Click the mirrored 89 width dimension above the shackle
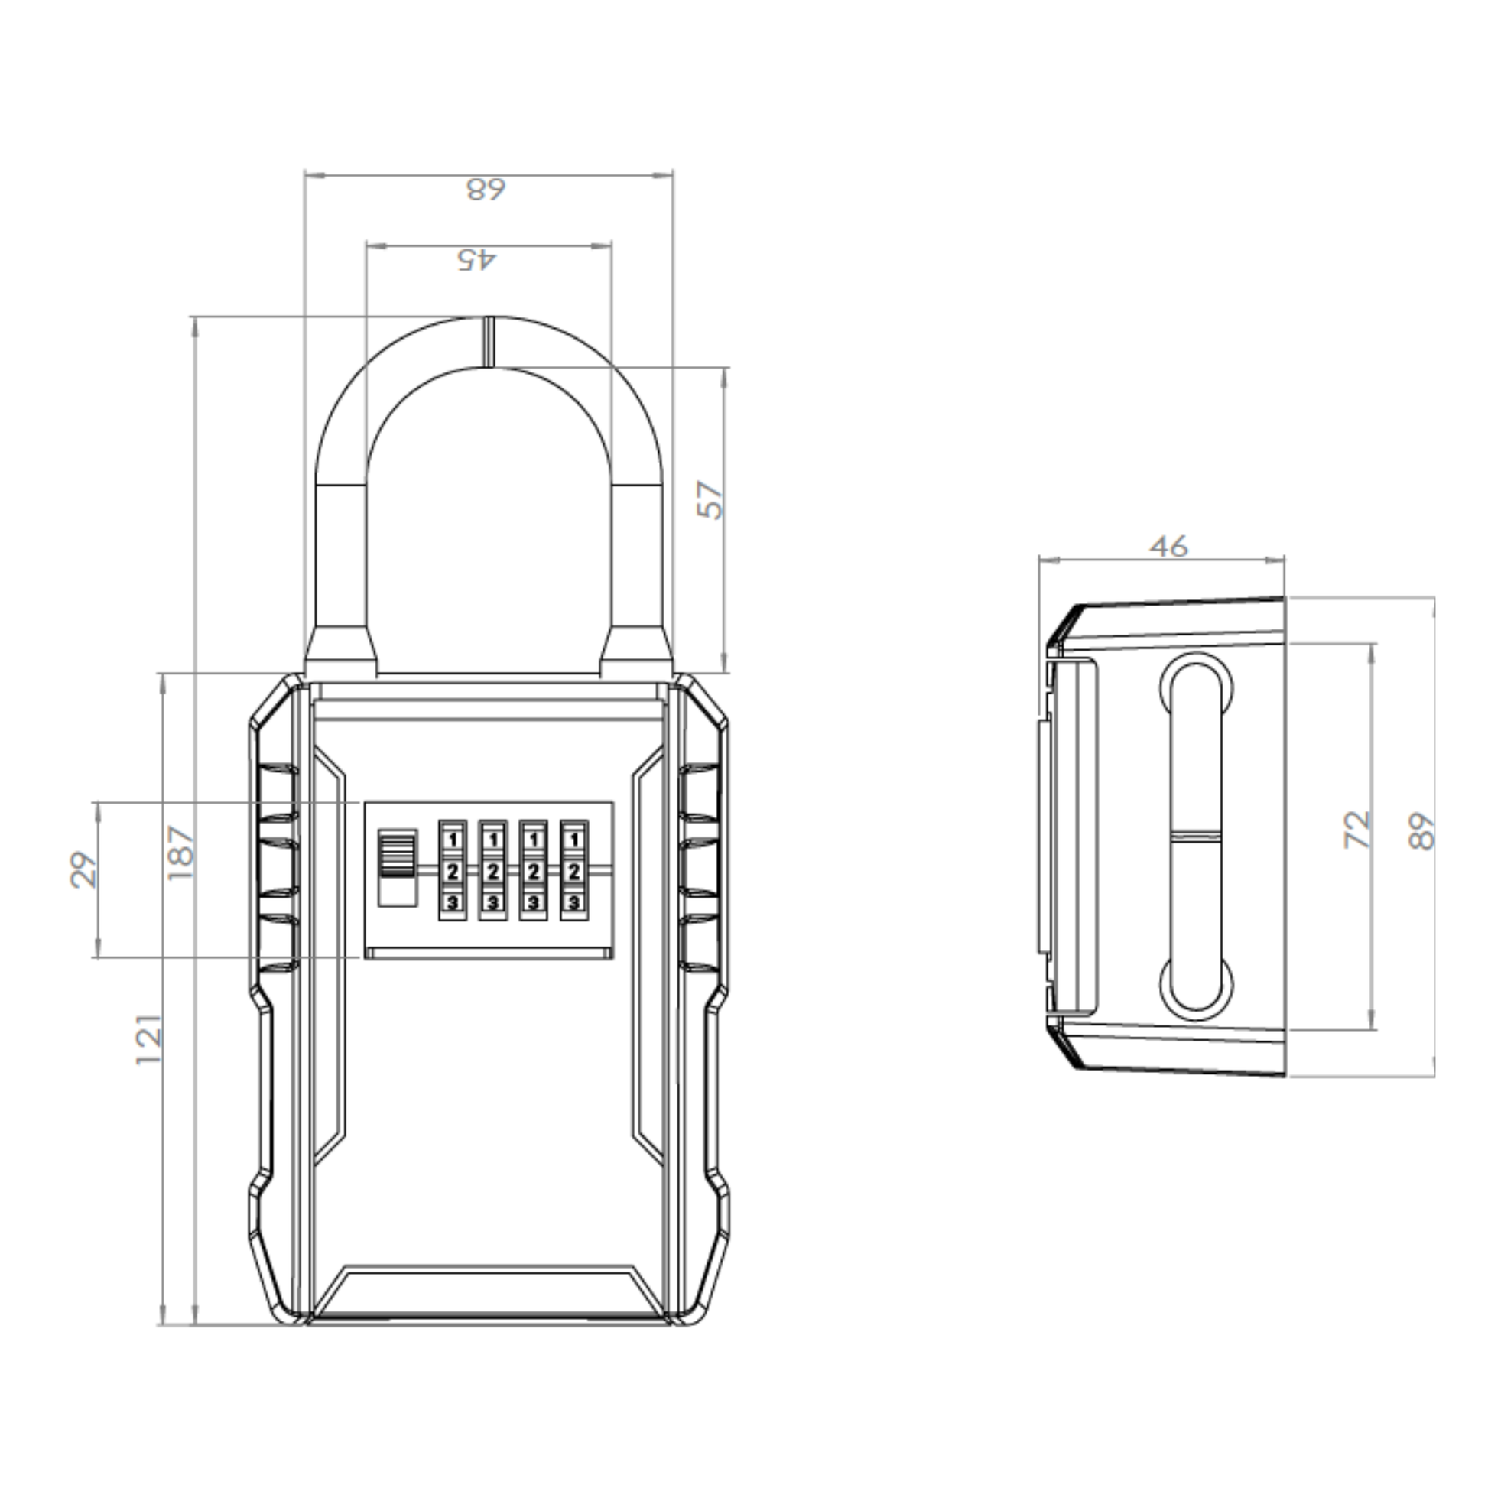click(487, 189)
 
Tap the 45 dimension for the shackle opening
click(477, 258)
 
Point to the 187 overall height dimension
click(181, 853)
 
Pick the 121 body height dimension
click(149, 1040)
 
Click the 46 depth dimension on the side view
click(1168, 547)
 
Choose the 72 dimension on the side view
click(1358, 830)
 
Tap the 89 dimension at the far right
click(1421, 832)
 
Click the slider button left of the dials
click(398, 866)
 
